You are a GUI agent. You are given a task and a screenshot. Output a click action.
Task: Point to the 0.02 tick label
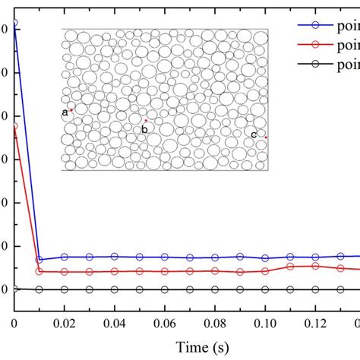click(x=64, y=323)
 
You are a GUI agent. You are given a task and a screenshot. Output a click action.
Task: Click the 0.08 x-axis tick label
click(x=214, y=323)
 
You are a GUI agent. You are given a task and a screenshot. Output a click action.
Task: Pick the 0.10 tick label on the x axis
click(x=264, y=323)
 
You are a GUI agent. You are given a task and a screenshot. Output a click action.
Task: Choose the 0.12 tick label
click(x=314, y=323)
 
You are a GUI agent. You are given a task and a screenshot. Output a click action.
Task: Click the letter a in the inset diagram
click(x=65, y=112)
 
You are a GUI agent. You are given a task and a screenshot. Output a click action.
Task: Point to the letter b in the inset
click(x=144, y=129)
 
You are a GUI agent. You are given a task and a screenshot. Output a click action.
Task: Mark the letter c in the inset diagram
click(x=254, y=134)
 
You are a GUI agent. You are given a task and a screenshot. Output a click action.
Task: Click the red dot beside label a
click(x=72, y=110)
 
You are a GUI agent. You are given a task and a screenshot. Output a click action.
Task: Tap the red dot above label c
click(x=267, y=137)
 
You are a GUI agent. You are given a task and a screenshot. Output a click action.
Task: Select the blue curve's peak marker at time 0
click(x=14, y=24)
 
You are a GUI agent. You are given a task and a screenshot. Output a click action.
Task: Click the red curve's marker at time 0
click(x=14, y=127)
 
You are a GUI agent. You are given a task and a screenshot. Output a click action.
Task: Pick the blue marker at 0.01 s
click(x=39, y=260)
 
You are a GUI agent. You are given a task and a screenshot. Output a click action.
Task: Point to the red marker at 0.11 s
click(x=290, y=267)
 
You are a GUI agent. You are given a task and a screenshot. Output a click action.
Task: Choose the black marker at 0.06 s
click(x=165, y=289)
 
